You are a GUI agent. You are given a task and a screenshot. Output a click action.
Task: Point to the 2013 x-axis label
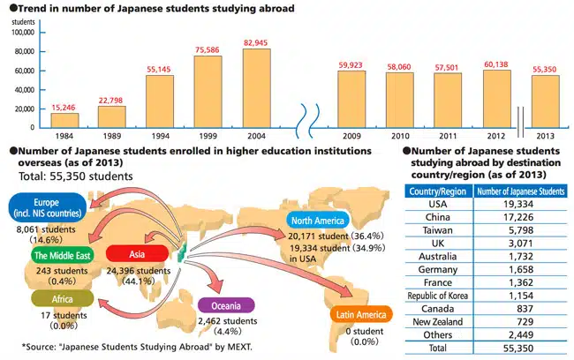click(544, 137)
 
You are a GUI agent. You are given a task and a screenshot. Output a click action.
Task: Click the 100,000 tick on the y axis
click(19, 32)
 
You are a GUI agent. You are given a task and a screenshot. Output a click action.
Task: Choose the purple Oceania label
click(226, 304)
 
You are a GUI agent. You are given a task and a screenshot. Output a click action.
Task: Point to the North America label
click(318, 221)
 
